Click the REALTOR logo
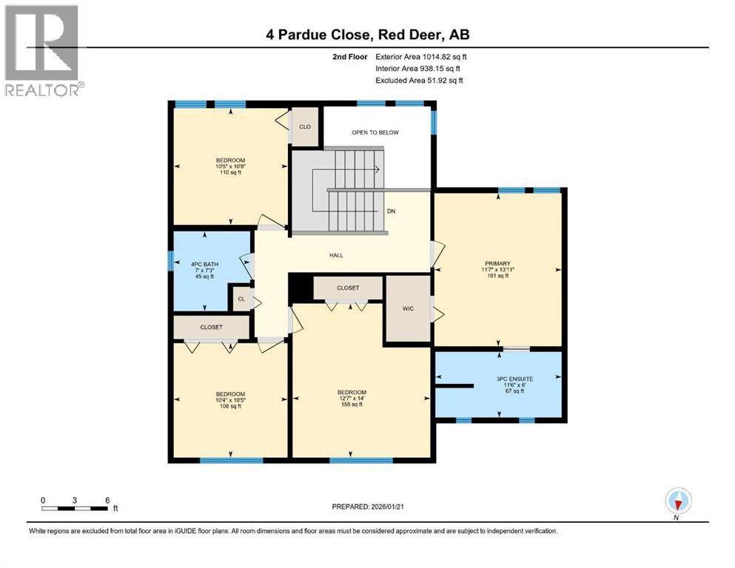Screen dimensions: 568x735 [42, 50]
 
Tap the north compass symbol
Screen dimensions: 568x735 [678, 501]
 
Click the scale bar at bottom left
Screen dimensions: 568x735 [75, 507]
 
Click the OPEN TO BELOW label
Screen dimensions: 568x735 [375, 132]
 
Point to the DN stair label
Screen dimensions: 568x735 [391, 211]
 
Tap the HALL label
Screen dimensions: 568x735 [336, 256]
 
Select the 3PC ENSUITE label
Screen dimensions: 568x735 [514, 385]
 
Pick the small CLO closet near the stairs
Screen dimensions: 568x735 [304, 126]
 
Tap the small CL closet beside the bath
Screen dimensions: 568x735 [241, 300]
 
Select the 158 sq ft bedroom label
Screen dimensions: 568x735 [351, 398]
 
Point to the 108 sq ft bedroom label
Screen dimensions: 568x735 [230, 400]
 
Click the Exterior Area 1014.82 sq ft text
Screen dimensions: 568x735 [421, 56]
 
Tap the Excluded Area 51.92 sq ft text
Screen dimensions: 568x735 [419, 81]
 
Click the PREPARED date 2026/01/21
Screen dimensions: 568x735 [370, 507]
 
